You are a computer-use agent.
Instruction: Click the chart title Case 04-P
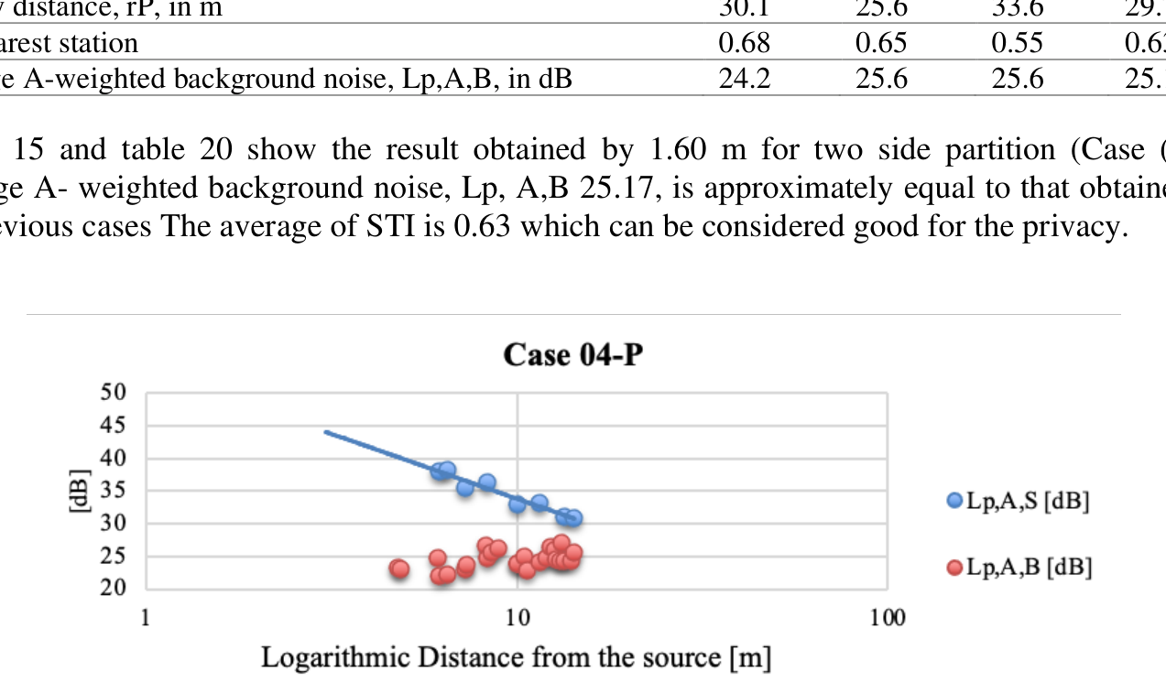pos(573,355)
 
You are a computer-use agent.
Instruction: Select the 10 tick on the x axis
pos(518,617)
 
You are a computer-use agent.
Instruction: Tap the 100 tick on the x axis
pos(887,617)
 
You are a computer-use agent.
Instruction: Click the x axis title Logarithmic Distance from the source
pos(516,657)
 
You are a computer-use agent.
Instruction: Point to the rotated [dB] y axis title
pos(80,490)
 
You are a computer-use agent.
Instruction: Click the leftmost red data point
pos(399,569)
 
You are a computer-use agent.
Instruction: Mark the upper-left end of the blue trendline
pos(326,431)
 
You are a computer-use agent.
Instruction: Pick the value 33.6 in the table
pos(1018,8)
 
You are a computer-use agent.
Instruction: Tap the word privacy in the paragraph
pos(1067,226)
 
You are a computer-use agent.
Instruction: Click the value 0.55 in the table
pos(1018,43)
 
